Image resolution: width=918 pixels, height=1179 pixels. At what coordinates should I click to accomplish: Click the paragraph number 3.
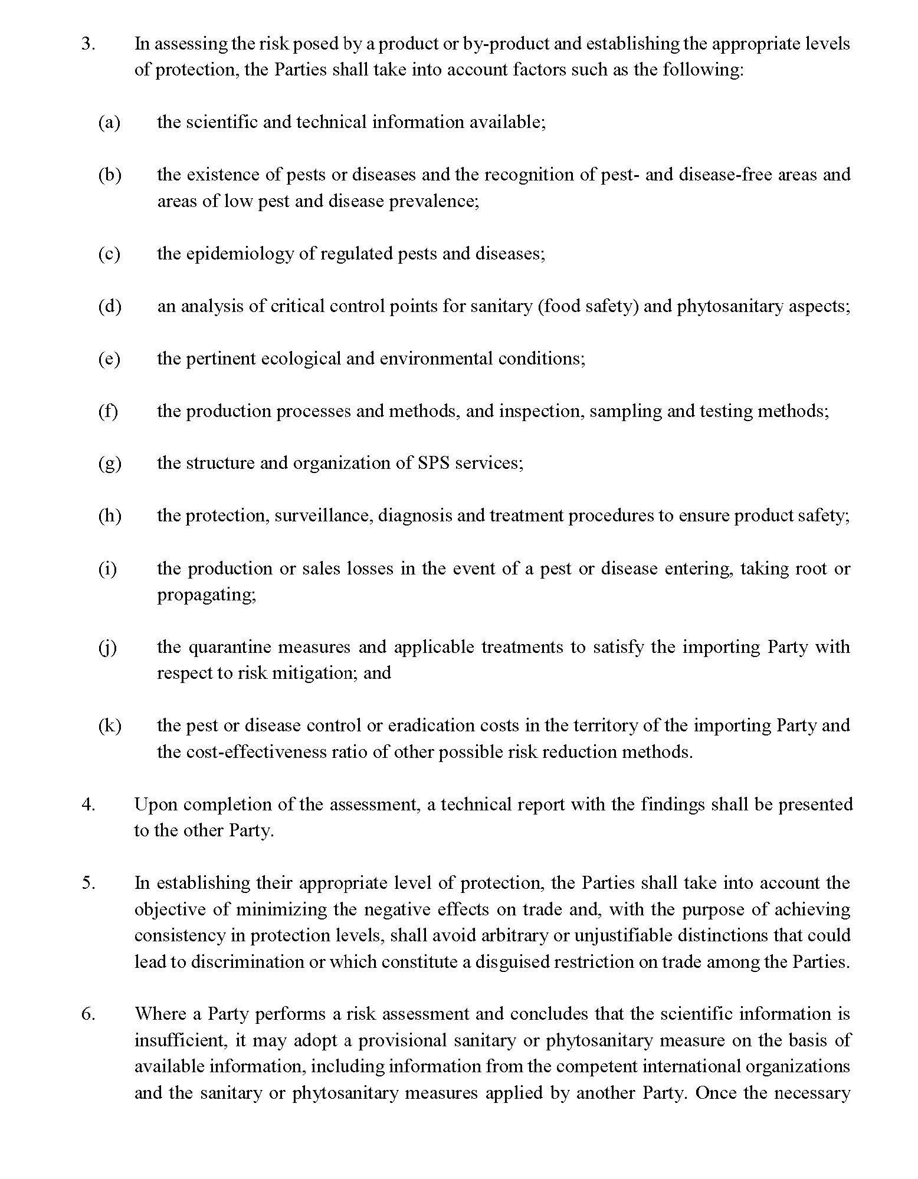tap(88, 44)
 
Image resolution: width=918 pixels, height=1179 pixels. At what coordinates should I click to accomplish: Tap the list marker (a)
tap(109, 122)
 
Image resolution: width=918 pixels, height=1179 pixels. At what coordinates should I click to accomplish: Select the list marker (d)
tap(110, 306)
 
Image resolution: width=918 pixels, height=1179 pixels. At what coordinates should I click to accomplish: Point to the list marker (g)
tap(110, 463)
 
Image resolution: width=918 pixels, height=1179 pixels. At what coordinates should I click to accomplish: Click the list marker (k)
tap(110, 725)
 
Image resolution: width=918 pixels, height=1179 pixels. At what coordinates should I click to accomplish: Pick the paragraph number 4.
tap(88, 804)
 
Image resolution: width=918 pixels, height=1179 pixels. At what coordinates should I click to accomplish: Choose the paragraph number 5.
tap(88, 883)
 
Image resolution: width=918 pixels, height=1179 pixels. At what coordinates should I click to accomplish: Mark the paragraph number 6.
tap(88, 1014)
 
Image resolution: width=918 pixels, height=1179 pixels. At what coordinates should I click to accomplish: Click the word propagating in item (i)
tap(206, 595)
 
